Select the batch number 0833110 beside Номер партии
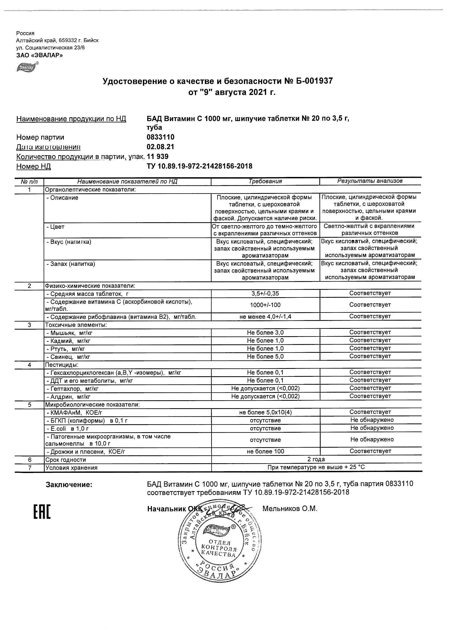tap(160, 137)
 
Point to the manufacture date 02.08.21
tap(160, 147)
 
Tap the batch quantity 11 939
tap(157, 157)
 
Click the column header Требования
tap(265, 181)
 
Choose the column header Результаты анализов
tap(370, 181)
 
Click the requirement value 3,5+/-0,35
tap(265, 293)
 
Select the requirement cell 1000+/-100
tap(265, 305)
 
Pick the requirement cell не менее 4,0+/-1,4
tap(265, 317)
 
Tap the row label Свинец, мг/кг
tap(68, 357)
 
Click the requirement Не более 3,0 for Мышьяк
tap(265, 333)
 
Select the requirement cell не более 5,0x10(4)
tap(265, 413)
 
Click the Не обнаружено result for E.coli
tap(372, 428)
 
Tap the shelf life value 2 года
tap(316, 459)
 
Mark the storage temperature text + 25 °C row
tap(316, 467)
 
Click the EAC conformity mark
tap(42, 511)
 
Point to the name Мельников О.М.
tap(290, 509)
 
